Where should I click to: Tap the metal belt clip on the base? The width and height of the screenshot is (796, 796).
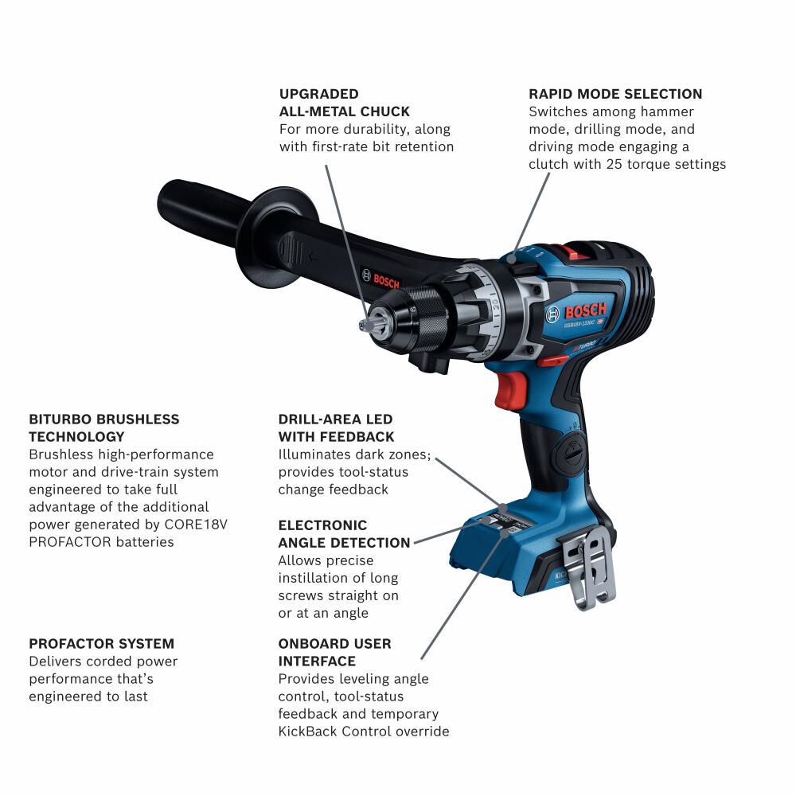pyautogui.click(x=590, y=567)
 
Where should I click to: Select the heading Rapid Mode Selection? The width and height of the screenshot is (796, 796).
pyautogui.click(x=615, y=94)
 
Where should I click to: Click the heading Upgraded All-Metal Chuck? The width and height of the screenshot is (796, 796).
pyautogui.click(x=345, y=103)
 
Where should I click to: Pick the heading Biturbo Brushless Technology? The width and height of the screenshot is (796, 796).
pyautogui.click(x=104, y=427)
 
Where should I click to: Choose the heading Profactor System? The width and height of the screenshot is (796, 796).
pyautogui.click(x=101, y=643)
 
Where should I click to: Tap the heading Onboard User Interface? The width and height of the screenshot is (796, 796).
pyautogui.click(x=334, y=652)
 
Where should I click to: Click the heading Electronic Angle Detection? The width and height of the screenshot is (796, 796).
pyautogui.click(x=344, y=534)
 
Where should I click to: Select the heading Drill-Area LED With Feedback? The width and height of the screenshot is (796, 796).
pyautogui.click(x=335, y=427)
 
